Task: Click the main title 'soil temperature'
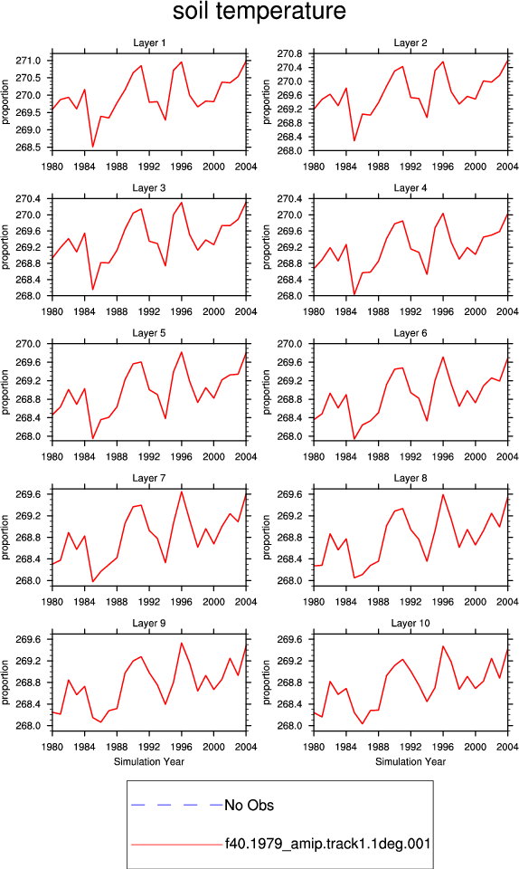[259, 11]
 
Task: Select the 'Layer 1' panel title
[149, 43]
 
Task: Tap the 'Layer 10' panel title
[410, 624]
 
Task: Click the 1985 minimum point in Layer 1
[93, 147]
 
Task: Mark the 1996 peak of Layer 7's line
[182, 492]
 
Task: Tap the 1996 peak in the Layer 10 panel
[443, 645]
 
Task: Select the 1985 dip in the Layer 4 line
[354, 295]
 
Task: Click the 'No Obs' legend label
[249, 806]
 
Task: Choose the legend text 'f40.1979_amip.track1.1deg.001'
[327, 844]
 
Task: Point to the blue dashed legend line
[176, 805]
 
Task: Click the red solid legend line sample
[176, 845]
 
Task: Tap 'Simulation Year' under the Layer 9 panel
[149, 761]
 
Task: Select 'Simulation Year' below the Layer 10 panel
[410, 761]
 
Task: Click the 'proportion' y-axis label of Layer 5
[5, 392]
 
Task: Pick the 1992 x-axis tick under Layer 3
[149, 311]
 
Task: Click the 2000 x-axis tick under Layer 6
[475, 456]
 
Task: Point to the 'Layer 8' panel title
[410, 478]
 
